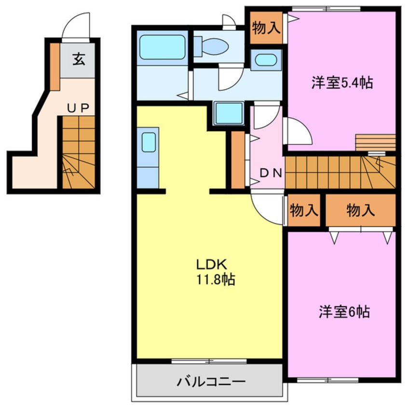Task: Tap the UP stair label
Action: pyautogui.click(x=77, y=108)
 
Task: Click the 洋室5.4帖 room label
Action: pyautogui.click(x=341, y=83)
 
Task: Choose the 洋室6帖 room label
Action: pyautogui.click(x=344, y=312)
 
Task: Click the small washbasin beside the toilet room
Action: pyautogui.click(x=265, y=61)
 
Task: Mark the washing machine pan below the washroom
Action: pyautogui.click(x=229, y=114)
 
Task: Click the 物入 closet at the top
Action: pyautogui.click(x=266, y=28)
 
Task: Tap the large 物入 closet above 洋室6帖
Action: pyautogui.click(x=360, y=210)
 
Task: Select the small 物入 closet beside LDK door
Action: pyautogui.click(x=304, y=210)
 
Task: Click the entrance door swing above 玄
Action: pyautogui.click(x=76, y=27)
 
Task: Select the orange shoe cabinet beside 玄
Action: pyautogui.click(x=54, y=67)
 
